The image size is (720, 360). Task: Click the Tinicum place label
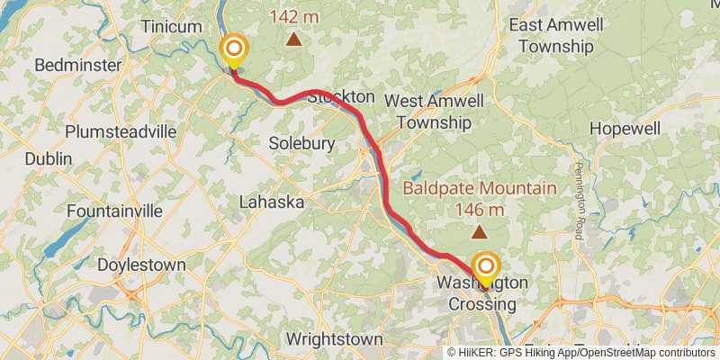[x=171, y=27]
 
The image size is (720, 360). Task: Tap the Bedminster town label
[x=77, y=65]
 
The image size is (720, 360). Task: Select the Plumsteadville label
[x=121, y=131]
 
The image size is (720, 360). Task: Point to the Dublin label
[x=49, y=158]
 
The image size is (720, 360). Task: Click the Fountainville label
[x=114, y=211]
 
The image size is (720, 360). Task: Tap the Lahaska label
[x=271, y=203]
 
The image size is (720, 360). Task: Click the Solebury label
[x=302, y=144]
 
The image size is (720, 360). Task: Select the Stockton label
[x=340, y=96]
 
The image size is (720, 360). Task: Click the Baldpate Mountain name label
[x=480, y=189]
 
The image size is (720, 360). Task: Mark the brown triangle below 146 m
[x=480, y=232]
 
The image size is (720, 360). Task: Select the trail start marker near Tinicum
[x=234, y=49]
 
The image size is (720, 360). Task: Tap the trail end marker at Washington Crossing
[x=486, y=266]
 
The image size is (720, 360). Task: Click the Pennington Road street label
[x=579, y=201]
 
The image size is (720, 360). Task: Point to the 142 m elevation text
[x=293, y=16]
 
